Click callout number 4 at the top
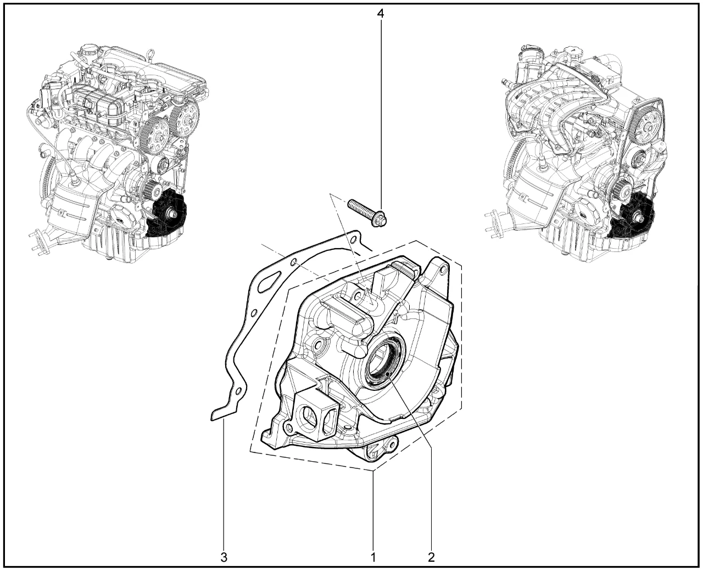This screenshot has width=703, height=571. [x=381, y=14]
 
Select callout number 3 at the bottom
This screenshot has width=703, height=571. [x=224, y=557]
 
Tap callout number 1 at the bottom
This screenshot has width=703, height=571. [x=373, y=557]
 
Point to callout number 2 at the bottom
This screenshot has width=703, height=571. [x=431, y=557]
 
